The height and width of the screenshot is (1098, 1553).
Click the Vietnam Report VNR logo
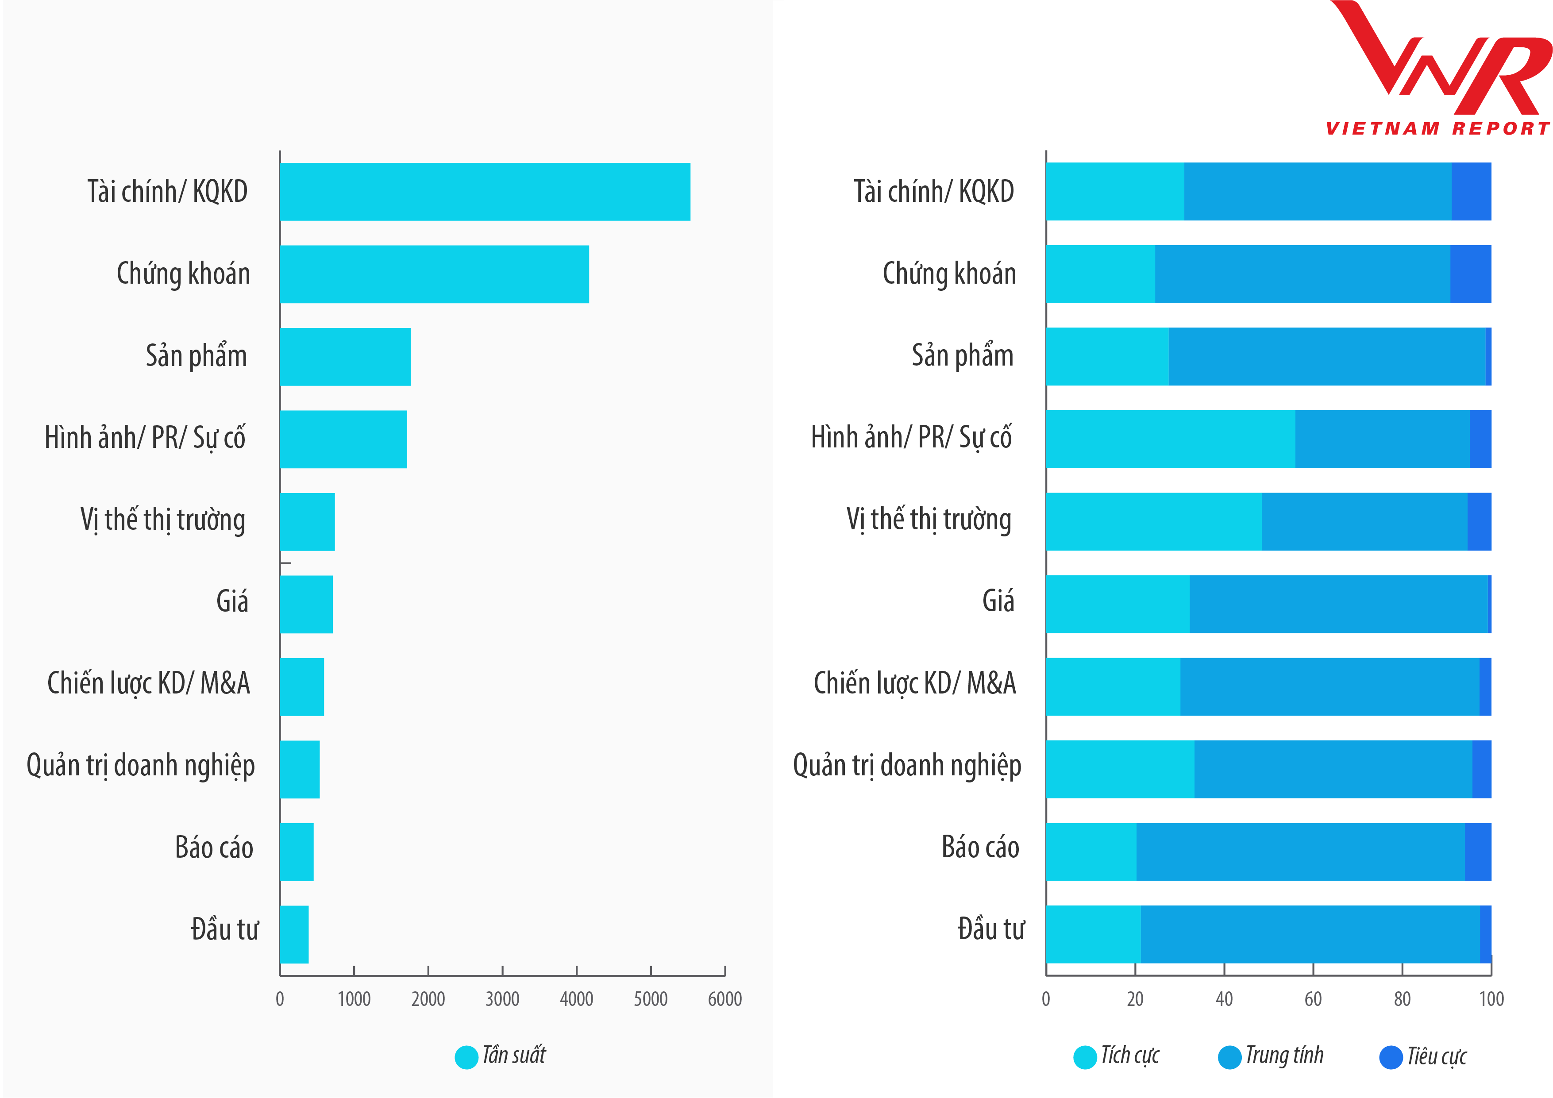(x=1437, y=68)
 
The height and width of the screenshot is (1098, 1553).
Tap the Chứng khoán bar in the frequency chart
(x=434, y=274)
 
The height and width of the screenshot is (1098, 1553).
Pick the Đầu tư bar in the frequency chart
(x=294, y=934)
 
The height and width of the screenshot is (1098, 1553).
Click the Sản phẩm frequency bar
(x=345, y=357)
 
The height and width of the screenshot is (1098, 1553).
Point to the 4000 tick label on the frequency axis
(x=576, y=999)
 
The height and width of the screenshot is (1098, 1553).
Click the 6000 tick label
(x=724, y=999)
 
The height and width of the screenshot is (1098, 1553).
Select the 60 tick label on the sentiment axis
(x=1313, y=999)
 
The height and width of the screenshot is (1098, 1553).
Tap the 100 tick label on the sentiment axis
(x=1491, y=999)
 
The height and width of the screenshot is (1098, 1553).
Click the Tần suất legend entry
(x=501, y=1056)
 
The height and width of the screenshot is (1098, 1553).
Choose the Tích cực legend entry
(x=1117, y=1056)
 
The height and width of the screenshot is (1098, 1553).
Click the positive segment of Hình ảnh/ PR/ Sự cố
(x=1170, y=439)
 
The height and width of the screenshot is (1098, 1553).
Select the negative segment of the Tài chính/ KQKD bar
(x=1471, y=192)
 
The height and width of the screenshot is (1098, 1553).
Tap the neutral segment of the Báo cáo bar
(x=1300, y=852)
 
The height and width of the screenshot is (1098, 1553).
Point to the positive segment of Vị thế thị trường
(x=1153, y=522)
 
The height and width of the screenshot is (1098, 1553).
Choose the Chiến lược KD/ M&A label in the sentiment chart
(x=914, y=683)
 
